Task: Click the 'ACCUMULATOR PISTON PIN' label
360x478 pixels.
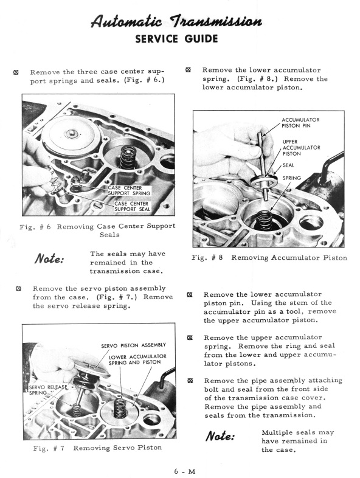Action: [x=300, y=123]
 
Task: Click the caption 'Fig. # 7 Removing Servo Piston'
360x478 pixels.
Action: [x=97, y=447]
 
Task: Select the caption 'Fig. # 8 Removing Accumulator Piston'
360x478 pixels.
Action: [x=269, y=258]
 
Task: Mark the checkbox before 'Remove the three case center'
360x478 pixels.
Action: [x=16, y=72]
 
